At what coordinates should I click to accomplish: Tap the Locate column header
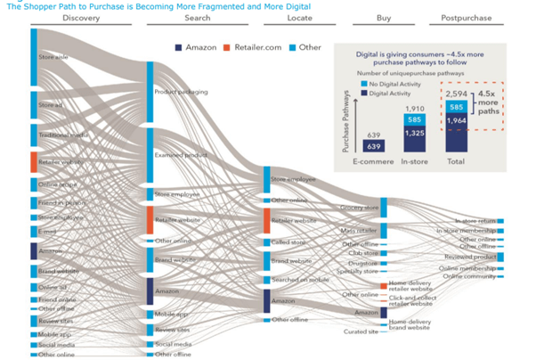coord(302,17)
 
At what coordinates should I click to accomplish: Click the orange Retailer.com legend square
coord(227,46)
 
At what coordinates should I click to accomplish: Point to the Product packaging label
coord(182,92)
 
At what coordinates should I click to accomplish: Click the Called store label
coord(288,241)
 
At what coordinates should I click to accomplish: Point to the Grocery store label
coord(360,209)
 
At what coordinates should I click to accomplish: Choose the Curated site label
coord(361,331)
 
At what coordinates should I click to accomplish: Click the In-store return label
coord(475,220)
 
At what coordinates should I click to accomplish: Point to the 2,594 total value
coord(457,94)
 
